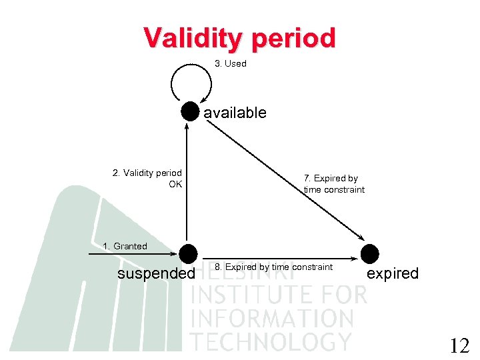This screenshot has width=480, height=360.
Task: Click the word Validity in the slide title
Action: [x=194, y=38]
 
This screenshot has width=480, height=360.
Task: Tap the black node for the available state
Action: [x=191, y=111]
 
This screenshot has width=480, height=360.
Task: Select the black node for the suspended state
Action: [x=189, y=253]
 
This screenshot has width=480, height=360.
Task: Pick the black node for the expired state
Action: [x=369, y=253]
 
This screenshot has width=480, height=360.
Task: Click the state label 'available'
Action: [x=235, y=113]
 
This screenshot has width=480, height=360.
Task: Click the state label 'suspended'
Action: [x=156, y=274]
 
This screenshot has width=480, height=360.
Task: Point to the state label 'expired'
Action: [x=393, y=274]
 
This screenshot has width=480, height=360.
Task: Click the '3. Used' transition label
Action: [x=231, y=64]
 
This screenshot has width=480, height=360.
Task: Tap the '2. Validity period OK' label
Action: [x=147, y=179]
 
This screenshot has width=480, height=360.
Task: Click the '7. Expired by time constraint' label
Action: [x=334, y=184]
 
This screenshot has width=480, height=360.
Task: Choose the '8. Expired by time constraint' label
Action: [x=273, y=267]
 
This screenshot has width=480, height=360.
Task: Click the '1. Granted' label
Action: [x=125, y=247]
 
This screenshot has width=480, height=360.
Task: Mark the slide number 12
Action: [x=459, y=346]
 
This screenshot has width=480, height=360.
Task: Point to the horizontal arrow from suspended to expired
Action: [x=280, y=258]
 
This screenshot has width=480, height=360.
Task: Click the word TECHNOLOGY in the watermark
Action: [x=271, y=341]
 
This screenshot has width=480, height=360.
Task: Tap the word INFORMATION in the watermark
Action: [x=272, y=318]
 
